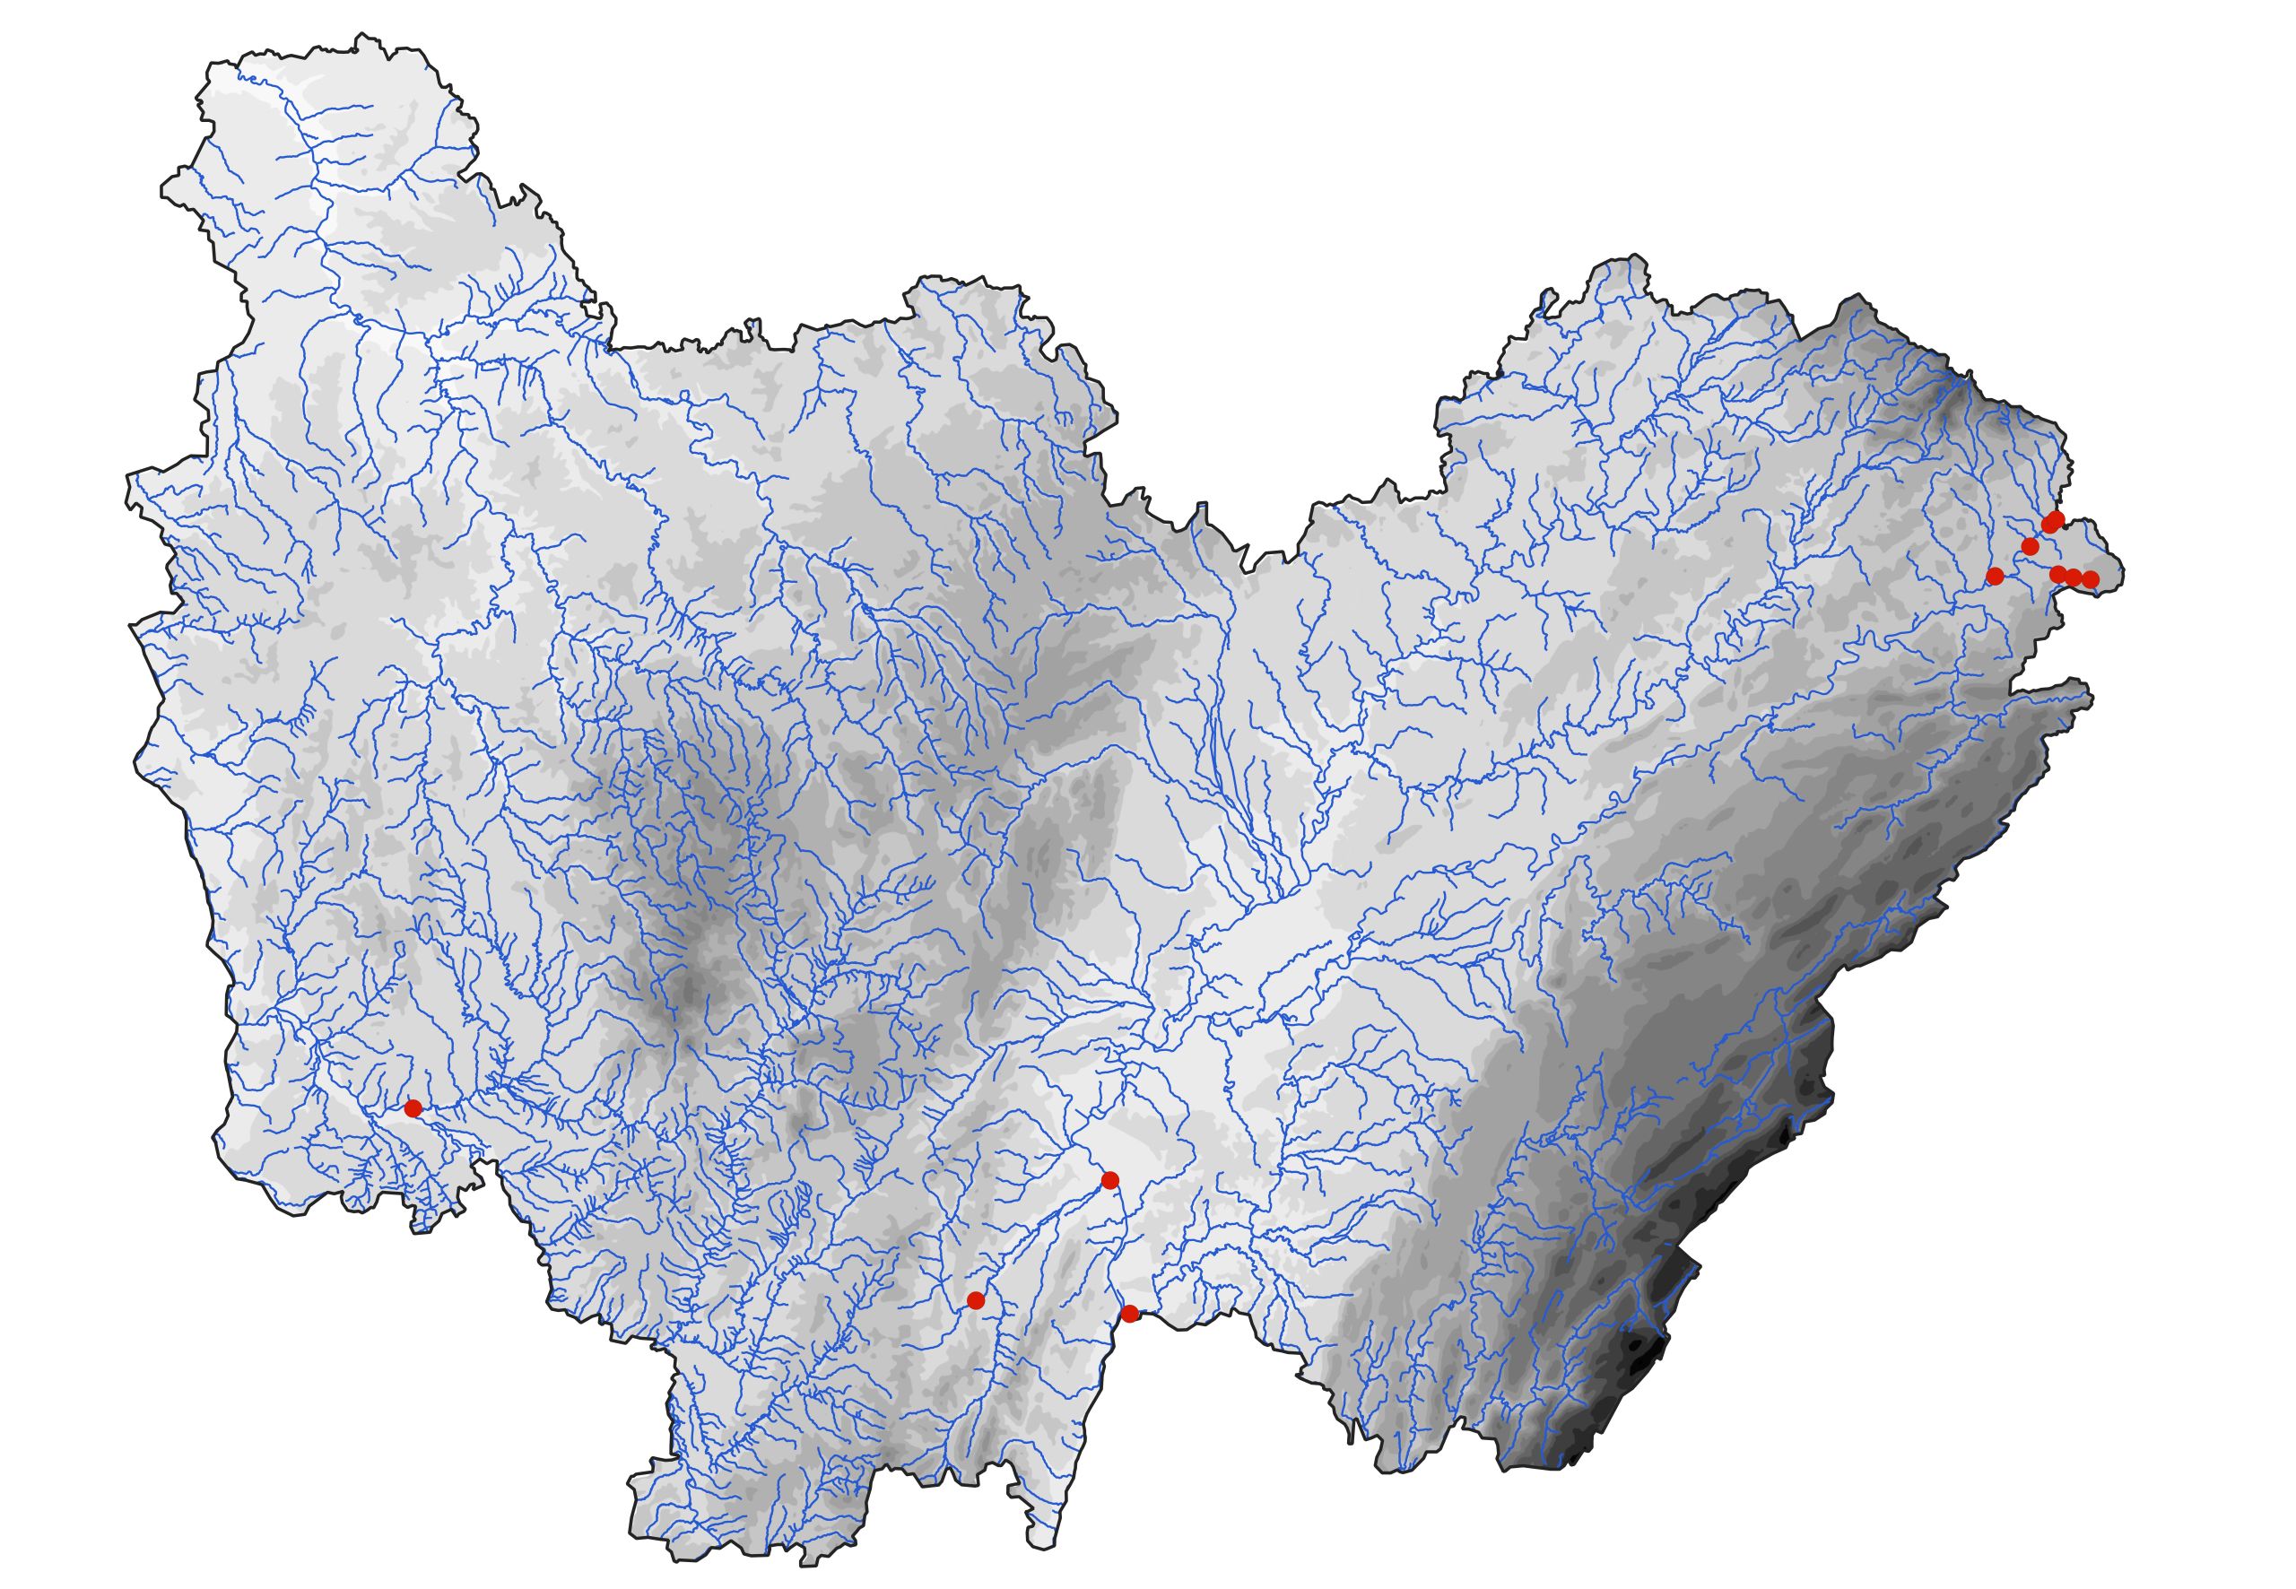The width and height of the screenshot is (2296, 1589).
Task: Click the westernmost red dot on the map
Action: tap(413, 1107)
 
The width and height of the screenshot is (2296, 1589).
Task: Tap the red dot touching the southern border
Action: tap(1129, 1313)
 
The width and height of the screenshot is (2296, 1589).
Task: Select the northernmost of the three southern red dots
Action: tap(1110, 1180)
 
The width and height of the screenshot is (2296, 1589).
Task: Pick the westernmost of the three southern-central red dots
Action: tap(975, 1300)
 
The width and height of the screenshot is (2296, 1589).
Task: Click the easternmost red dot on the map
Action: tap(2091, 578)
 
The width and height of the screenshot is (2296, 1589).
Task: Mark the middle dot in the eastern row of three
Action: tap(2074, 577)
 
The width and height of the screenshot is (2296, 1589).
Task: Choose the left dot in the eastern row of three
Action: tap(2058, 574)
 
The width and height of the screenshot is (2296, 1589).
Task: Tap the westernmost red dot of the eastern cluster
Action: tap(1995, 576)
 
